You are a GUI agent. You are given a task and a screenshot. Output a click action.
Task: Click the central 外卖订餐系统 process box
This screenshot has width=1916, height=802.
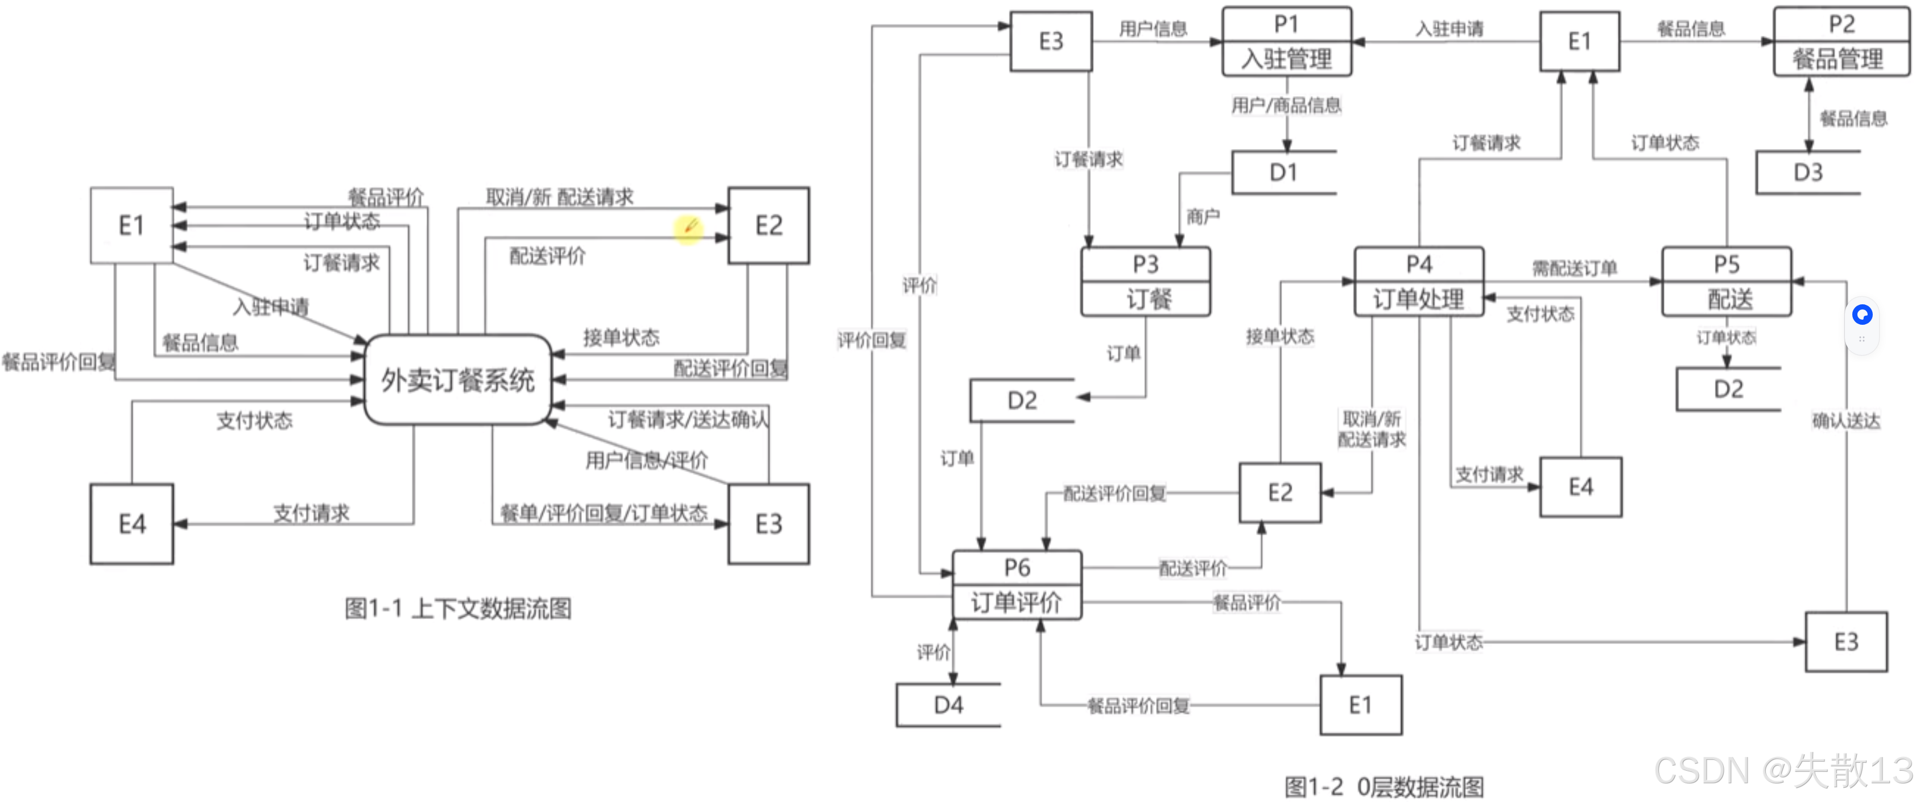pyautogui.click(x=457, y=379)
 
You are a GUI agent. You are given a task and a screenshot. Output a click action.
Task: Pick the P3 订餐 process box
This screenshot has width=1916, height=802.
pyautogui.click(x=1145, y=282)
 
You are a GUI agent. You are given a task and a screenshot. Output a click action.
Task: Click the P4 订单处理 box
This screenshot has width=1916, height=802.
pyautogui.click(x=1418, y=282)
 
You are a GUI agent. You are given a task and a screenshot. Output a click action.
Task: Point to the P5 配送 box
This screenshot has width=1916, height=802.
pyautogui.click(x=1727, y=282)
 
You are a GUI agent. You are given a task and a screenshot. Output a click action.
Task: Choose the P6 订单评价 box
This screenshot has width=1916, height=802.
pyautogui.click(x=1017, y=585)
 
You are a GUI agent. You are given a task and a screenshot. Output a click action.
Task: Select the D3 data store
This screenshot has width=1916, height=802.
pyautogui.click(x=1807, y=172)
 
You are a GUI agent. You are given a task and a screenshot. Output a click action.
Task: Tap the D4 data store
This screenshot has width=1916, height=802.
pyautogui.click(x=948, y=705)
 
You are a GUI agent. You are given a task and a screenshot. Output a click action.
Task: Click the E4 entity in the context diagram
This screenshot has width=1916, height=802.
pyautogui.click(x=131, y=524)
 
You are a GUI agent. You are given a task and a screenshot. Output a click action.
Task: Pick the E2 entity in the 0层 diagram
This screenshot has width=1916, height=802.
pyautogui.click(x=1280, y=493)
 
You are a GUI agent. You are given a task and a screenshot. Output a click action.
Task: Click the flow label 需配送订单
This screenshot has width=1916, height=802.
pyautogui.click(x=1574, y=268)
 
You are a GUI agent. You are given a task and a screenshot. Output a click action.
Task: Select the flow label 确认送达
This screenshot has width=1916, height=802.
pyautogui.click(x=1845, y=421)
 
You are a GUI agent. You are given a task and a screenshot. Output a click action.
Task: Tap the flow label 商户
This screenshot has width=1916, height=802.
pyautogui.click(x=1203, y=217)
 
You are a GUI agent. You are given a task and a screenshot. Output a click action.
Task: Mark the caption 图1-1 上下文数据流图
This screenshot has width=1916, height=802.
pyautogui.click(x=457, y=609)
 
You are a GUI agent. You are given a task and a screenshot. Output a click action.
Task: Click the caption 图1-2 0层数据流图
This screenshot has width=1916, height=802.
pyautogui.click(x=1384, y=787)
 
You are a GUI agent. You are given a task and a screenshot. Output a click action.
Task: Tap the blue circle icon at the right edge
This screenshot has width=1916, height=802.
pyautogui.click(x=1862, y=315)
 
